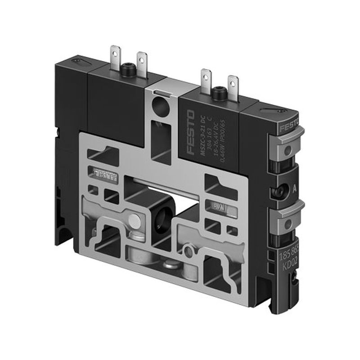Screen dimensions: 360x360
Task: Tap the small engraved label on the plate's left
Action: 105,173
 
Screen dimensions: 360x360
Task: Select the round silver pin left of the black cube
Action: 134,220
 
